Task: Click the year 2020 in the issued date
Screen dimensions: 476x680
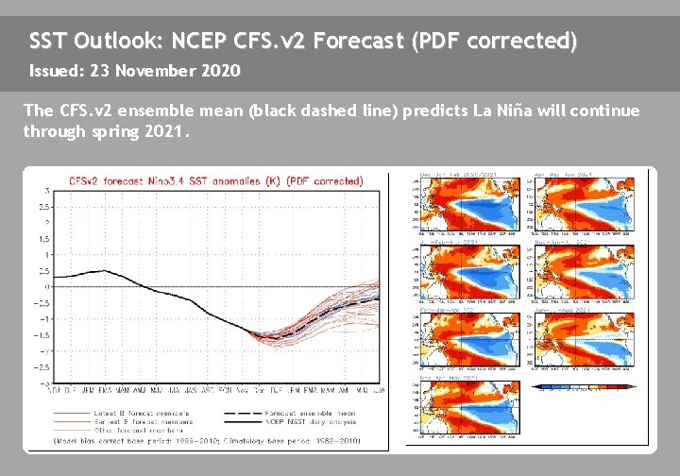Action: click(x=220, y=71)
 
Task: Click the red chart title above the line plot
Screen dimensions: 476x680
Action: click(x=215, y=180)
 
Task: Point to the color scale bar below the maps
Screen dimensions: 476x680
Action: click(x=585, y=386)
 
